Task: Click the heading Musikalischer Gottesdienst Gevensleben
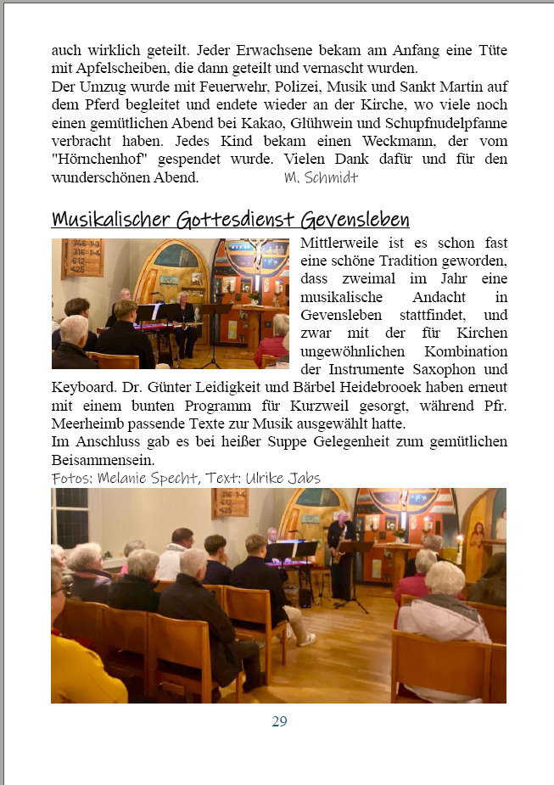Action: coord(230,220)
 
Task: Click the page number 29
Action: coord(279,722)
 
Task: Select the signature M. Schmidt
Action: coord(321,177)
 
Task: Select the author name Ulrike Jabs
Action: coord(283,479)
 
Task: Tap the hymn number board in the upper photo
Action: coord(82,257)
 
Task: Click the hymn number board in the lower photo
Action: coord(230,502)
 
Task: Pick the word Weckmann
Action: coord(417,141)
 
